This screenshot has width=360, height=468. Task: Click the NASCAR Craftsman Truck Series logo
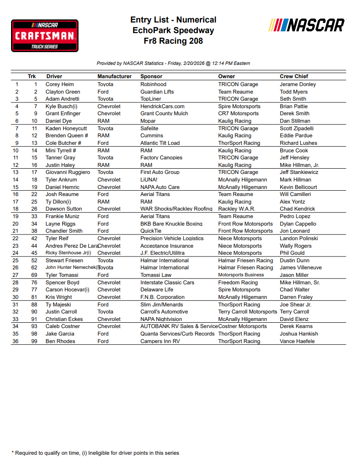tap(45, 35)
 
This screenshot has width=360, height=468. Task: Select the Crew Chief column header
tap(294, 76)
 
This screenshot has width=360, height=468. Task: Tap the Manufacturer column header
tap(114, 76)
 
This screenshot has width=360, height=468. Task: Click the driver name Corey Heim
tap(60, 84)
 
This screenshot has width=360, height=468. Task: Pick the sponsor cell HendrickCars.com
tap(162, 106)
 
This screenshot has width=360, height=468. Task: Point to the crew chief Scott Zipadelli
tap(296, 128)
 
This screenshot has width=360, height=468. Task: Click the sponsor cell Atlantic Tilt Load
tap(160, 143)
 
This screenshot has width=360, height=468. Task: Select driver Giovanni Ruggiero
tap(67, 172)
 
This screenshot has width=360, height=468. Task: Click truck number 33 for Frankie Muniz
tap(34, 216)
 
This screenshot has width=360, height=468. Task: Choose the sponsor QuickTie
tap(151, 231)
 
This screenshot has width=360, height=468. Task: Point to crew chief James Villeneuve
tap(300, 268)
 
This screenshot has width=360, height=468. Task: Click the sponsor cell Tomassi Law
tap(156, 275)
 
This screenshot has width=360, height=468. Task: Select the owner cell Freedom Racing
tap(238, 283)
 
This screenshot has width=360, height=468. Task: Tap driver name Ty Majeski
tap(58, 305)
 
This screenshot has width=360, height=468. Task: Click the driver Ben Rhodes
tap(60, 341)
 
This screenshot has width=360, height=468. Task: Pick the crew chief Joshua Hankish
tap(299, 334)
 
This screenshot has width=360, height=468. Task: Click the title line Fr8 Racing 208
tap(173, 42)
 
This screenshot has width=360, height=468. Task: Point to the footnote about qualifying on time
tap(95, 453)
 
